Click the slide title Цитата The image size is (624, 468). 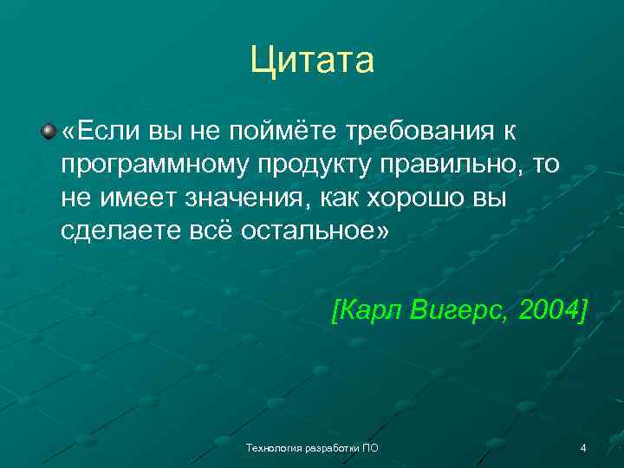[312, 61]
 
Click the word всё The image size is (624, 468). [205, 232]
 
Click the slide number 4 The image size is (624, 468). [582, 448]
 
